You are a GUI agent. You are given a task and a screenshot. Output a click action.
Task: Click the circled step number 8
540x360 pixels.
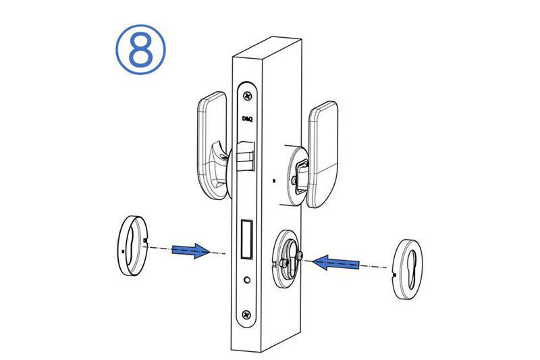140,49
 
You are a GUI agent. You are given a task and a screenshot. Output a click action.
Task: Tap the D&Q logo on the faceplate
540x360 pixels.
247,119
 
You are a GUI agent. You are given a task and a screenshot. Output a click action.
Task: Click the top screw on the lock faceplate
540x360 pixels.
247,96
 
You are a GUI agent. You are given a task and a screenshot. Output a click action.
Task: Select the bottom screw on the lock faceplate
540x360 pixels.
246,314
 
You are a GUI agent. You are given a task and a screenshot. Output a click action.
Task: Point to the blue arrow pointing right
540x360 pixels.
191,251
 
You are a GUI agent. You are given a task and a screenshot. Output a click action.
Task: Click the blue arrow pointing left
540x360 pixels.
335,263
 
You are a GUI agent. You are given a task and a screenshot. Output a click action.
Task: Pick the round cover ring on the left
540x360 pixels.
132,245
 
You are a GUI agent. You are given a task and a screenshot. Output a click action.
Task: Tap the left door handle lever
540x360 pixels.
211,145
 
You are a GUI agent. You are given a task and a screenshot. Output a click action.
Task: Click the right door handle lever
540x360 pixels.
323,155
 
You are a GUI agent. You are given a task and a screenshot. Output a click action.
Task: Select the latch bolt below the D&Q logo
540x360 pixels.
246,156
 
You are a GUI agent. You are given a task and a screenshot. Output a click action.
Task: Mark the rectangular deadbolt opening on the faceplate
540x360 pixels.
247,238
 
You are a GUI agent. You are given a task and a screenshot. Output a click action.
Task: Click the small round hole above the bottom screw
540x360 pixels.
246,280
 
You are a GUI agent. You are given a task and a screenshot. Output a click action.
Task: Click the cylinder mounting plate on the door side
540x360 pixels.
285,259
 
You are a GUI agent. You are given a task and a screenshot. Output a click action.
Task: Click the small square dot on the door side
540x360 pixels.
274,180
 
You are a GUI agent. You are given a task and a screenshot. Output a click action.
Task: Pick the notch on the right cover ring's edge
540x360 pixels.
394,275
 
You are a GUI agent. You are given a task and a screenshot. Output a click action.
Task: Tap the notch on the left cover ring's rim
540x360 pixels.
145,239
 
